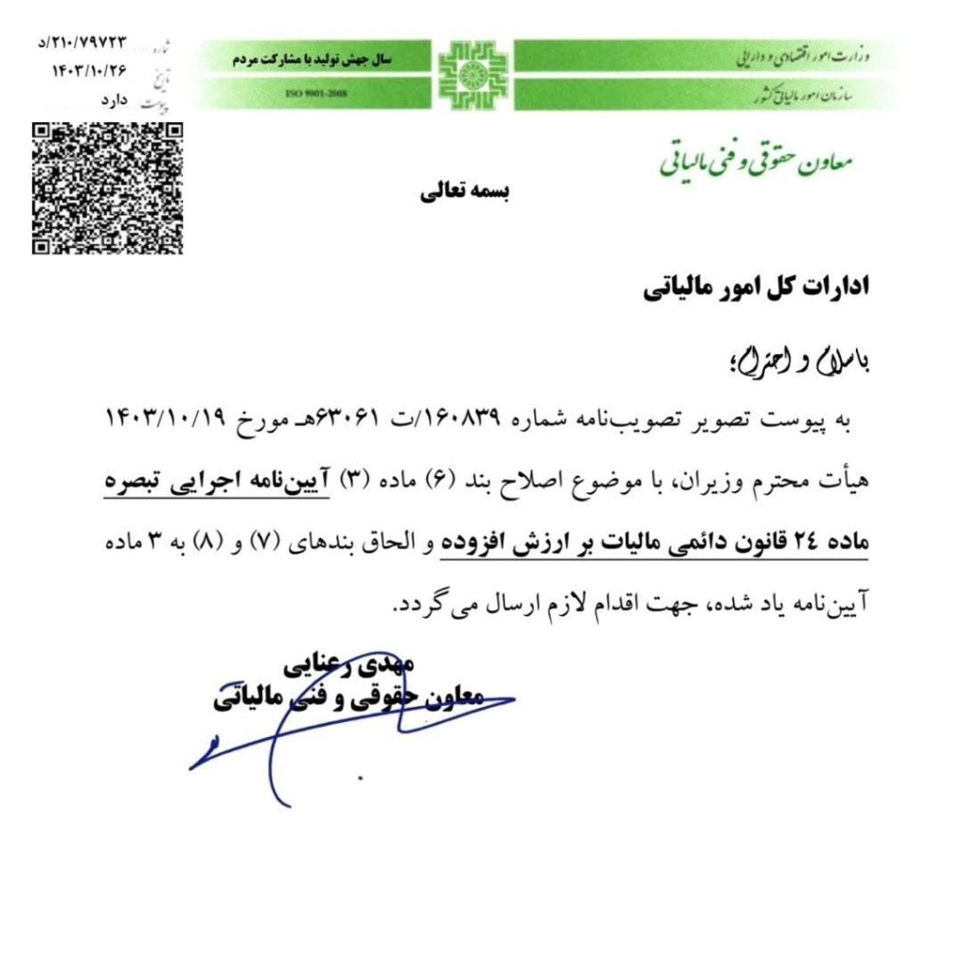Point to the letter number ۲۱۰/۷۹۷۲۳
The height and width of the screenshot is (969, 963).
click(84, 44)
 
